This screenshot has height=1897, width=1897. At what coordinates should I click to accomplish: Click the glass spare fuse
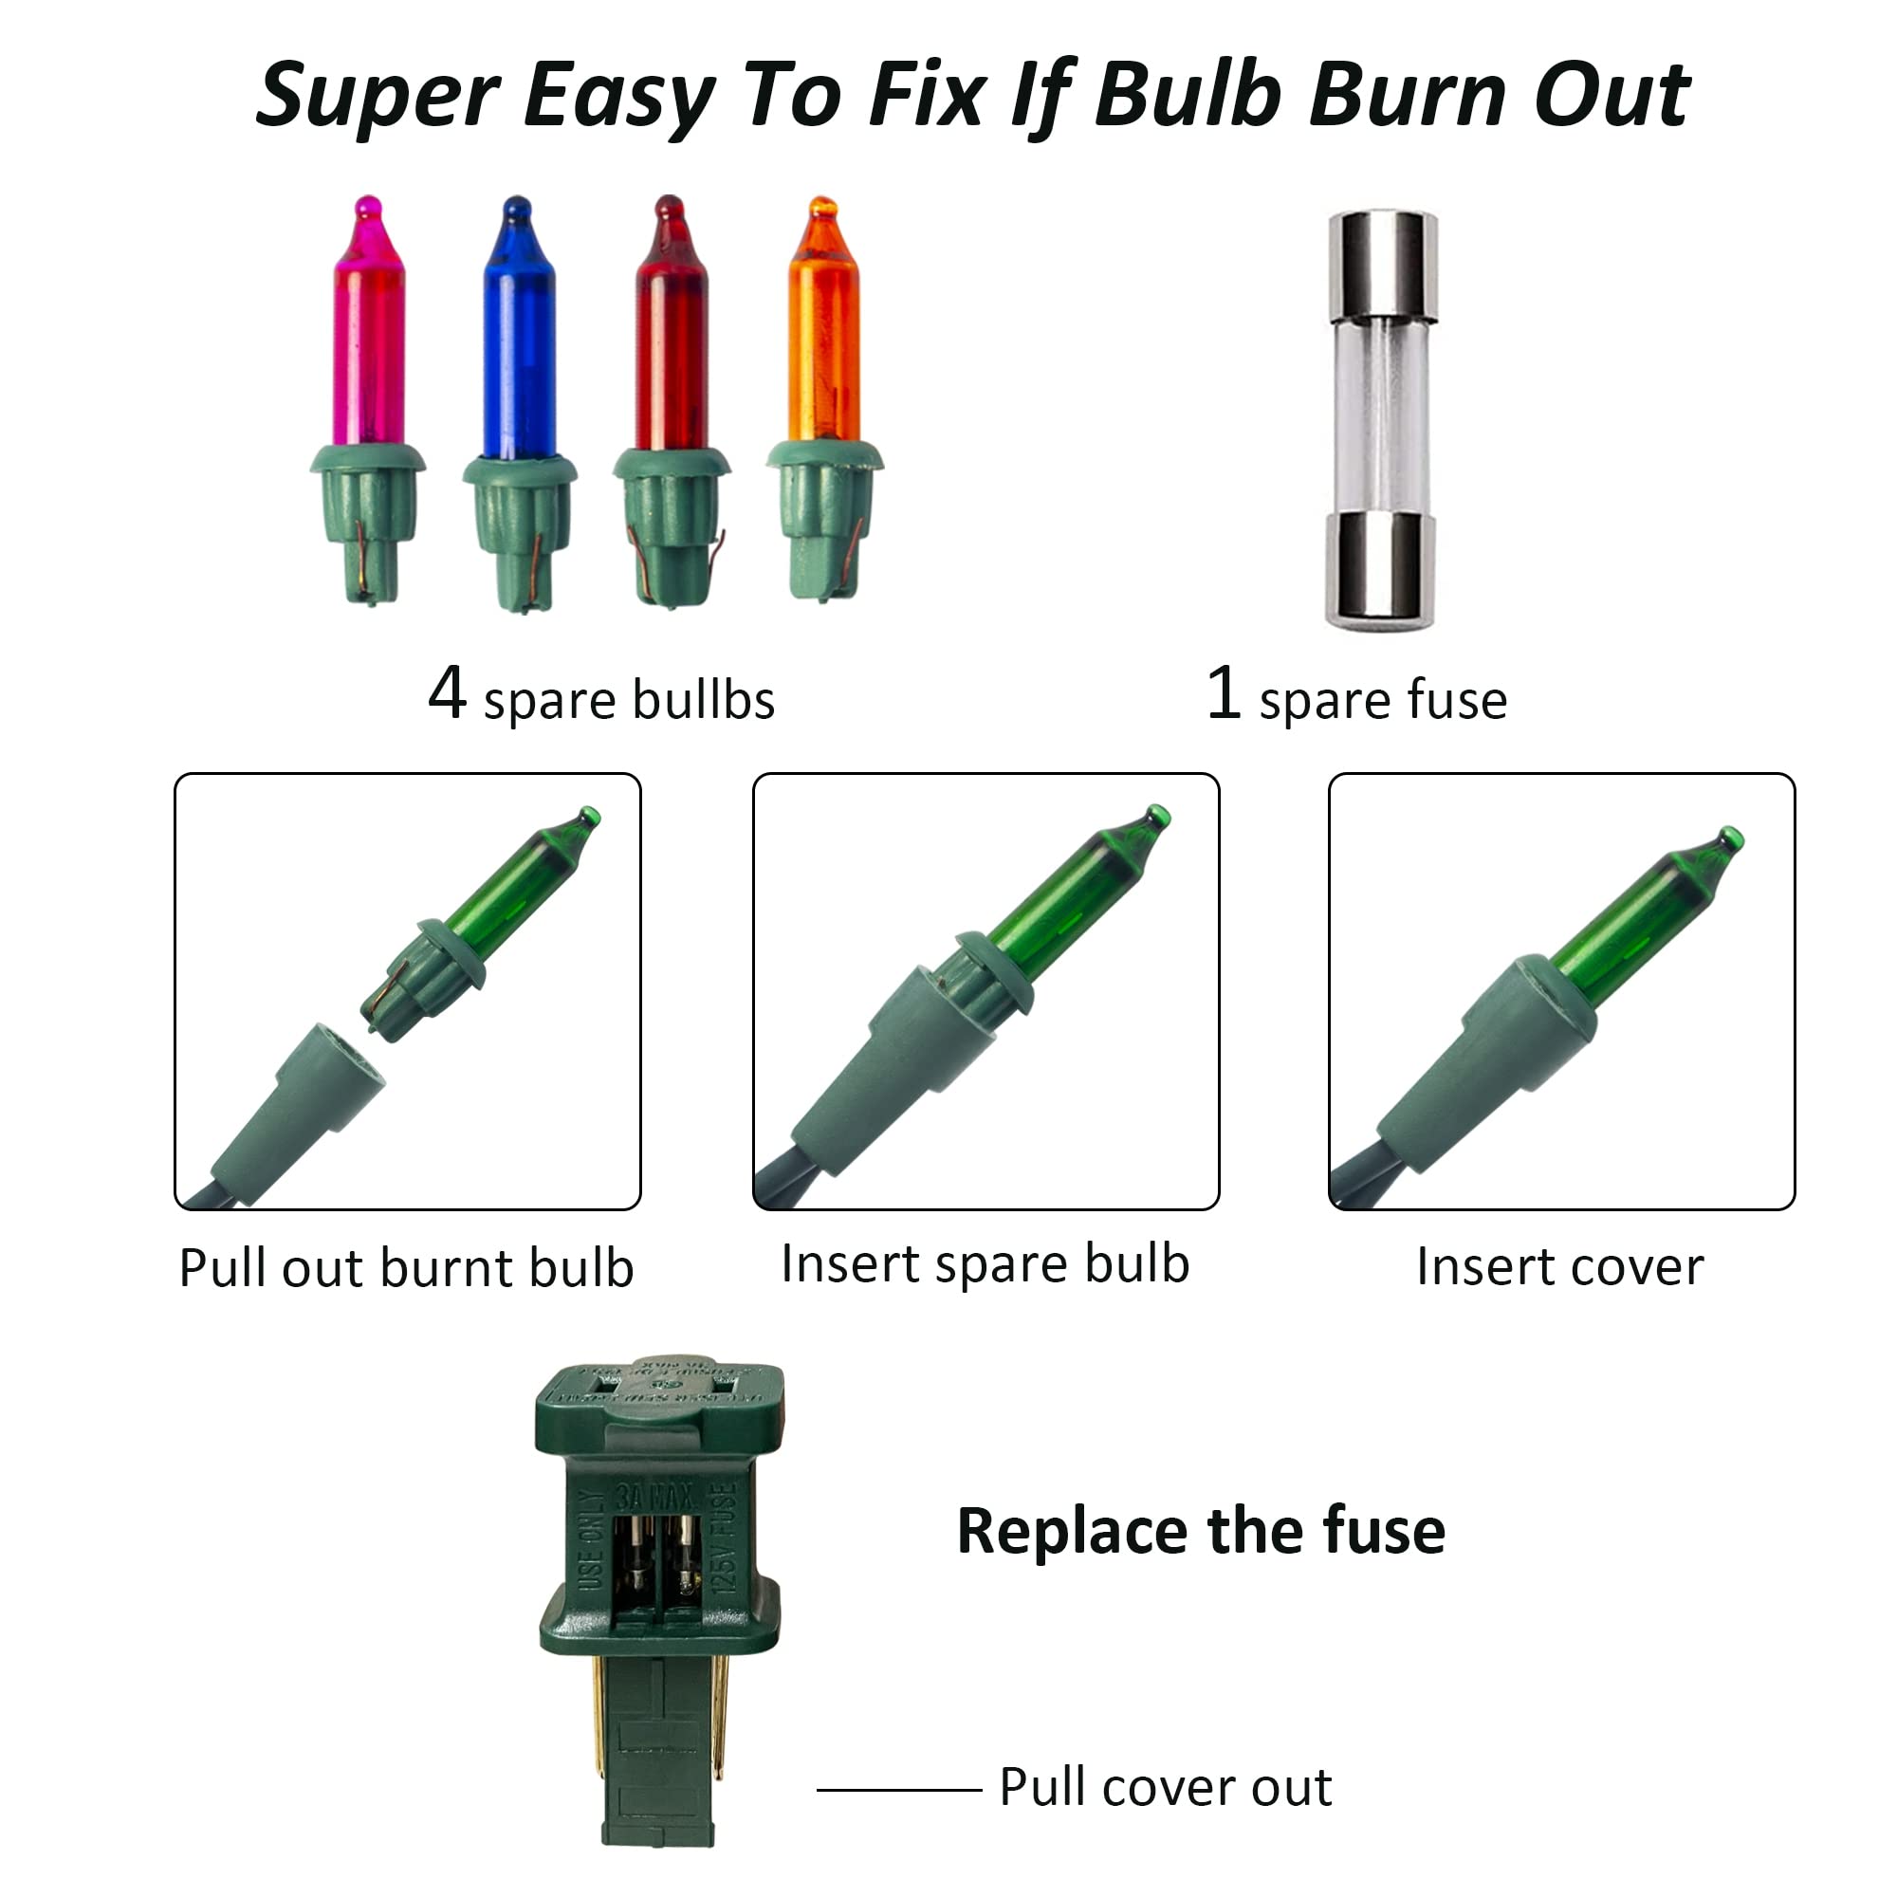pyautogui.click(x=1382, y=418)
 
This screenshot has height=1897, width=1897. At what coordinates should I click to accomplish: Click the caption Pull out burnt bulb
pyautogui.click(x=407, y=1268)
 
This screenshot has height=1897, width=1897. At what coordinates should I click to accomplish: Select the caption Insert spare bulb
pyautogui.click(x=985, y=1263)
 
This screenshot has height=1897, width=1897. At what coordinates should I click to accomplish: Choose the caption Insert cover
pyautogui.click(x=1560, y=1267)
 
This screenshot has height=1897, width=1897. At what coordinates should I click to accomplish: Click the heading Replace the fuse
pyautogui.click(x=1201, y=1532)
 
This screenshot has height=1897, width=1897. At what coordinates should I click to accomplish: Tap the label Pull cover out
pyautogui.click(x=1166, y=1787)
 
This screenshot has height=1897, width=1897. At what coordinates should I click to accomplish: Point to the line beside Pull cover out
pyautogui.click(x=898, y=1790)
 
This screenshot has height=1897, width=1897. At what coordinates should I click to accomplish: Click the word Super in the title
pyautogui.click(x=378, y=96)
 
